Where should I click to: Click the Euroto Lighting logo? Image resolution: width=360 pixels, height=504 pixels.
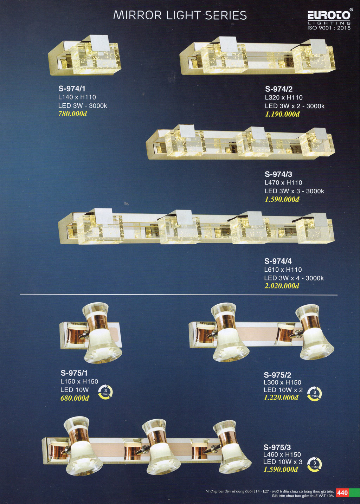[329, 19]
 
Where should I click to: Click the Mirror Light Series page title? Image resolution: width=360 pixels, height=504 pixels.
[180, 15]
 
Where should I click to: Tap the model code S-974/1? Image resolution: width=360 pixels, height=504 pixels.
[72, 89]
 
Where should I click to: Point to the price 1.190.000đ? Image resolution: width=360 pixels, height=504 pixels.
[282, 114]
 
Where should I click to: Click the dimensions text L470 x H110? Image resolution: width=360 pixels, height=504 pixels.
[283, 183]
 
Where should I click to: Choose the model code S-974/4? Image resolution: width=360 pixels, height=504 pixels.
[278, 261]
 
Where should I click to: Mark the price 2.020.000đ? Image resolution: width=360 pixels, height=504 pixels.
[282, 286]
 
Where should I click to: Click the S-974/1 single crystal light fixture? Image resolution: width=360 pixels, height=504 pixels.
[85, 55]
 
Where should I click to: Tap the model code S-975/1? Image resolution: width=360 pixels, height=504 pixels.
[74, 373]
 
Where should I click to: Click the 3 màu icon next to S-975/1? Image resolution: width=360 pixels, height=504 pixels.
[105, 392]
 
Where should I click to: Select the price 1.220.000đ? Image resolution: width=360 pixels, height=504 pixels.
[281, 398]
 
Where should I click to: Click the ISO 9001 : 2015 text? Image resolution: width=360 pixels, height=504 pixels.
[329, 28]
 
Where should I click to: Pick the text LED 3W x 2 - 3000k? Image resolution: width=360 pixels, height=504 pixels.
[295, 106]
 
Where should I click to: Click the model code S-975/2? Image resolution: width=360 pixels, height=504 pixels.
[277, 375]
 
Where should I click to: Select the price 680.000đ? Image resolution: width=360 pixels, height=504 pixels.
[75, 398]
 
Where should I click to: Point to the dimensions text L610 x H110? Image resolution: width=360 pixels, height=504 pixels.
[283, 270]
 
